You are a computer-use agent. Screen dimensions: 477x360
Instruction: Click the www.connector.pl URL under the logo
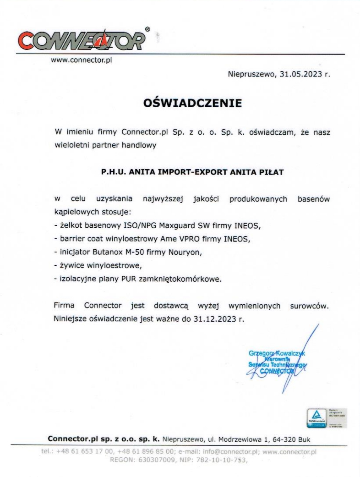[x=81, y=60]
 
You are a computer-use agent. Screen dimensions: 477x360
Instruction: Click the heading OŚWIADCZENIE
[x=192, y=103]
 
